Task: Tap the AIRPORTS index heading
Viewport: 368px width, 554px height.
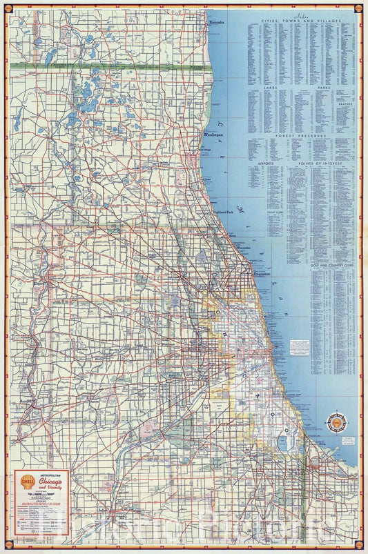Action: point(264,163)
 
